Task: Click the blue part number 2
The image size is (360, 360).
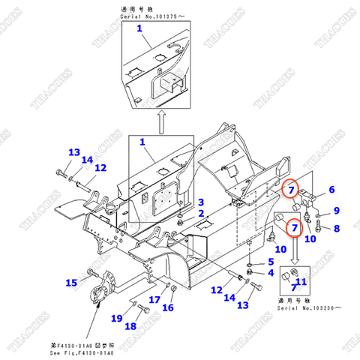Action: [200, 214]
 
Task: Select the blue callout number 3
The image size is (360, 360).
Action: [200, 202]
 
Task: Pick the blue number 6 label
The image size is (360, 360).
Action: [331, 190]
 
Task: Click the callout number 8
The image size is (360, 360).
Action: [336, 228]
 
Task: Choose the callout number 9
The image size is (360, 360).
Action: [336, 211]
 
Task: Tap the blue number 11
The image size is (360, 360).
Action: [301, 282]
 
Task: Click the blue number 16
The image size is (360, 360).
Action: [169, 307]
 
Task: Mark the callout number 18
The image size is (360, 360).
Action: [130, 326]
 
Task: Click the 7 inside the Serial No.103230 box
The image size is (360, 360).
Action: [293, 288]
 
